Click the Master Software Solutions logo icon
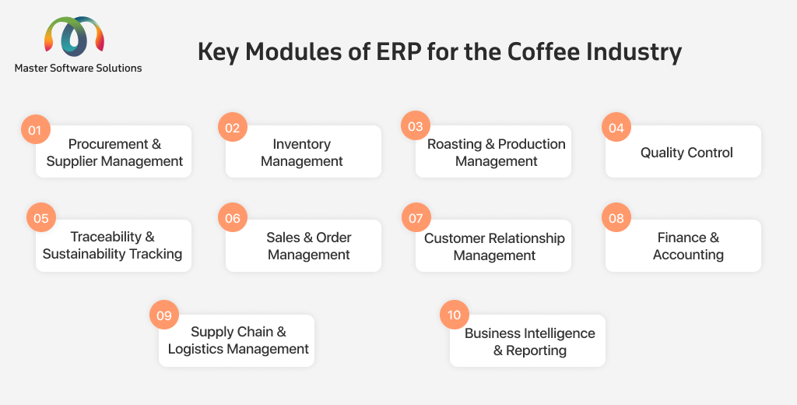74,36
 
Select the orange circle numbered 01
35,129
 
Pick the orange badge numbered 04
616,127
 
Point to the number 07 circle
416,218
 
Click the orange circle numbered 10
455,315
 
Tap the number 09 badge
164,315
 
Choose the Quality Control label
686,152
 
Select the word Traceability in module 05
106,237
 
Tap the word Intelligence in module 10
559,333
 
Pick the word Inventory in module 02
301,145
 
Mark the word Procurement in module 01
108,144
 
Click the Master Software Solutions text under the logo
79,68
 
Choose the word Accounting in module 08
688,255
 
